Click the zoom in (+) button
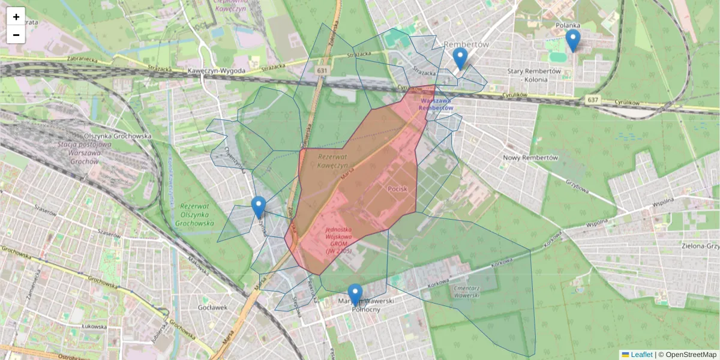click(x=16, y=17)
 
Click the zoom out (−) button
click(x=16, y=35)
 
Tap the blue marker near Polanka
click(x=573, y=40)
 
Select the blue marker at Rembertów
click(x=460, y=58)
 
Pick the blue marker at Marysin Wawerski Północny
click(x=355, y=295)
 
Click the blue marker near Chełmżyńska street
click(x=259, y=207)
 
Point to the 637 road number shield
click(x=593, y=100)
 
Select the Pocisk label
click(x=397, y=189)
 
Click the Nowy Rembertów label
click(x=530, y=158)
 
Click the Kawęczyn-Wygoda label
click(x=216, y=71)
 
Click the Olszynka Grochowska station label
click(x=118, y=136)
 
